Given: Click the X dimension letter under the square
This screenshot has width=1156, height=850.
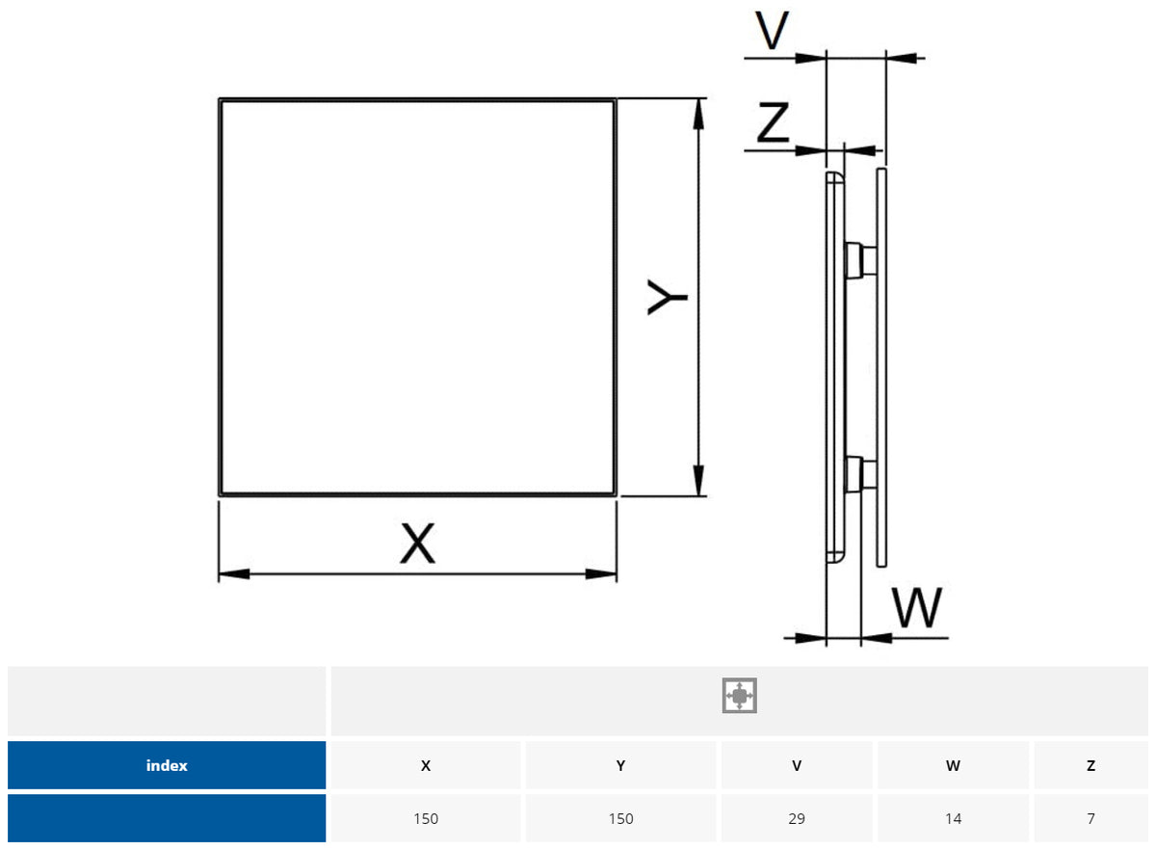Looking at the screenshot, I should tap(418, 544).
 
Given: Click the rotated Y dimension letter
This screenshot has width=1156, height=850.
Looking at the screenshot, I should tap(666, 297).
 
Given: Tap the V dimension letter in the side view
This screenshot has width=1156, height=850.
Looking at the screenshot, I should tap(772, 31).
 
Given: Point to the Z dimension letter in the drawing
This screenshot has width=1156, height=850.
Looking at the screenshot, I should tap(773, 123).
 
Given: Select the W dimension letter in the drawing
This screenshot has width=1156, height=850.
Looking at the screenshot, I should tap(916, 608).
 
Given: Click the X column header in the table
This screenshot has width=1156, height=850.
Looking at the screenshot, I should tap(426, 766).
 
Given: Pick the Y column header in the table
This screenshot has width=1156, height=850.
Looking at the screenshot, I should tap(621, 766).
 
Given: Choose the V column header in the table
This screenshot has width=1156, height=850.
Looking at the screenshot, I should tap(797, 766).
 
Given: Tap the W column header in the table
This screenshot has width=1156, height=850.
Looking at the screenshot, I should tap(953, 766).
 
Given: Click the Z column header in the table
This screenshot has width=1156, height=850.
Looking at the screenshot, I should tap(1090, 766).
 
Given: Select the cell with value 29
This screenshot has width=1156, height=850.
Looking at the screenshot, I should tap(797, 818).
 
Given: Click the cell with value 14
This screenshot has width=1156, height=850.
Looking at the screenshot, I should tap(953, 818).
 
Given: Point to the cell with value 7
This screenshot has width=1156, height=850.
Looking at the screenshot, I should tap(1090, 818).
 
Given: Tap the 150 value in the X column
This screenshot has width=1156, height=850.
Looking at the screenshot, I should tap(426, 818).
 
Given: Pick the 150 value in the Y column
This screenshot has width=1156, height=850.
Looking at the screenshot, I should tap(621, 818).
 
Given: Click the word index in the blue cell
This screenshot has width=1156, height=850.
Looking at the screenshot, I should tap(167, 766).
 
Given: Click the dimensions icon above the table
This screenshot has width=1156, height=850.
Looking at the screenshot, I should tap(739, 695).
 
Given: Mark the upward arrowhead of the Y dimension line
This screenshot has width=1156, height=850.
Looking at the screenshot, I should tap(698, 110).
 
